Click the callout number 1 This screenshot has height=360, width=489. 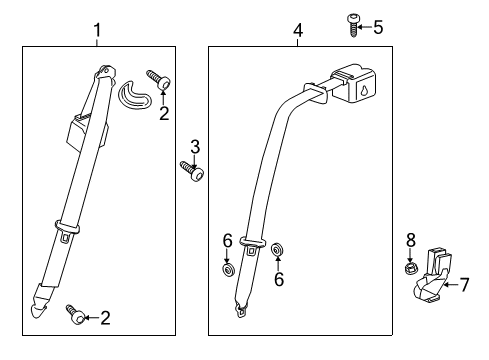point(97,32)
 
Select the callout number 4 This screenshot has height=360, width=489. point(297,32)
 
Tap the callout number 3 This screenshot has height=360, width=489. point(195,146)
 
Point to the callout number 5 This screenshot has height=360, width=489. point(377,27)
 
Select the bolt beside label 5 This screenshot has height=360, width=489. point(353,25)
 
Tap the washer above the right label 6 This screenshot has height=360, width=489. point(277,249)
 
